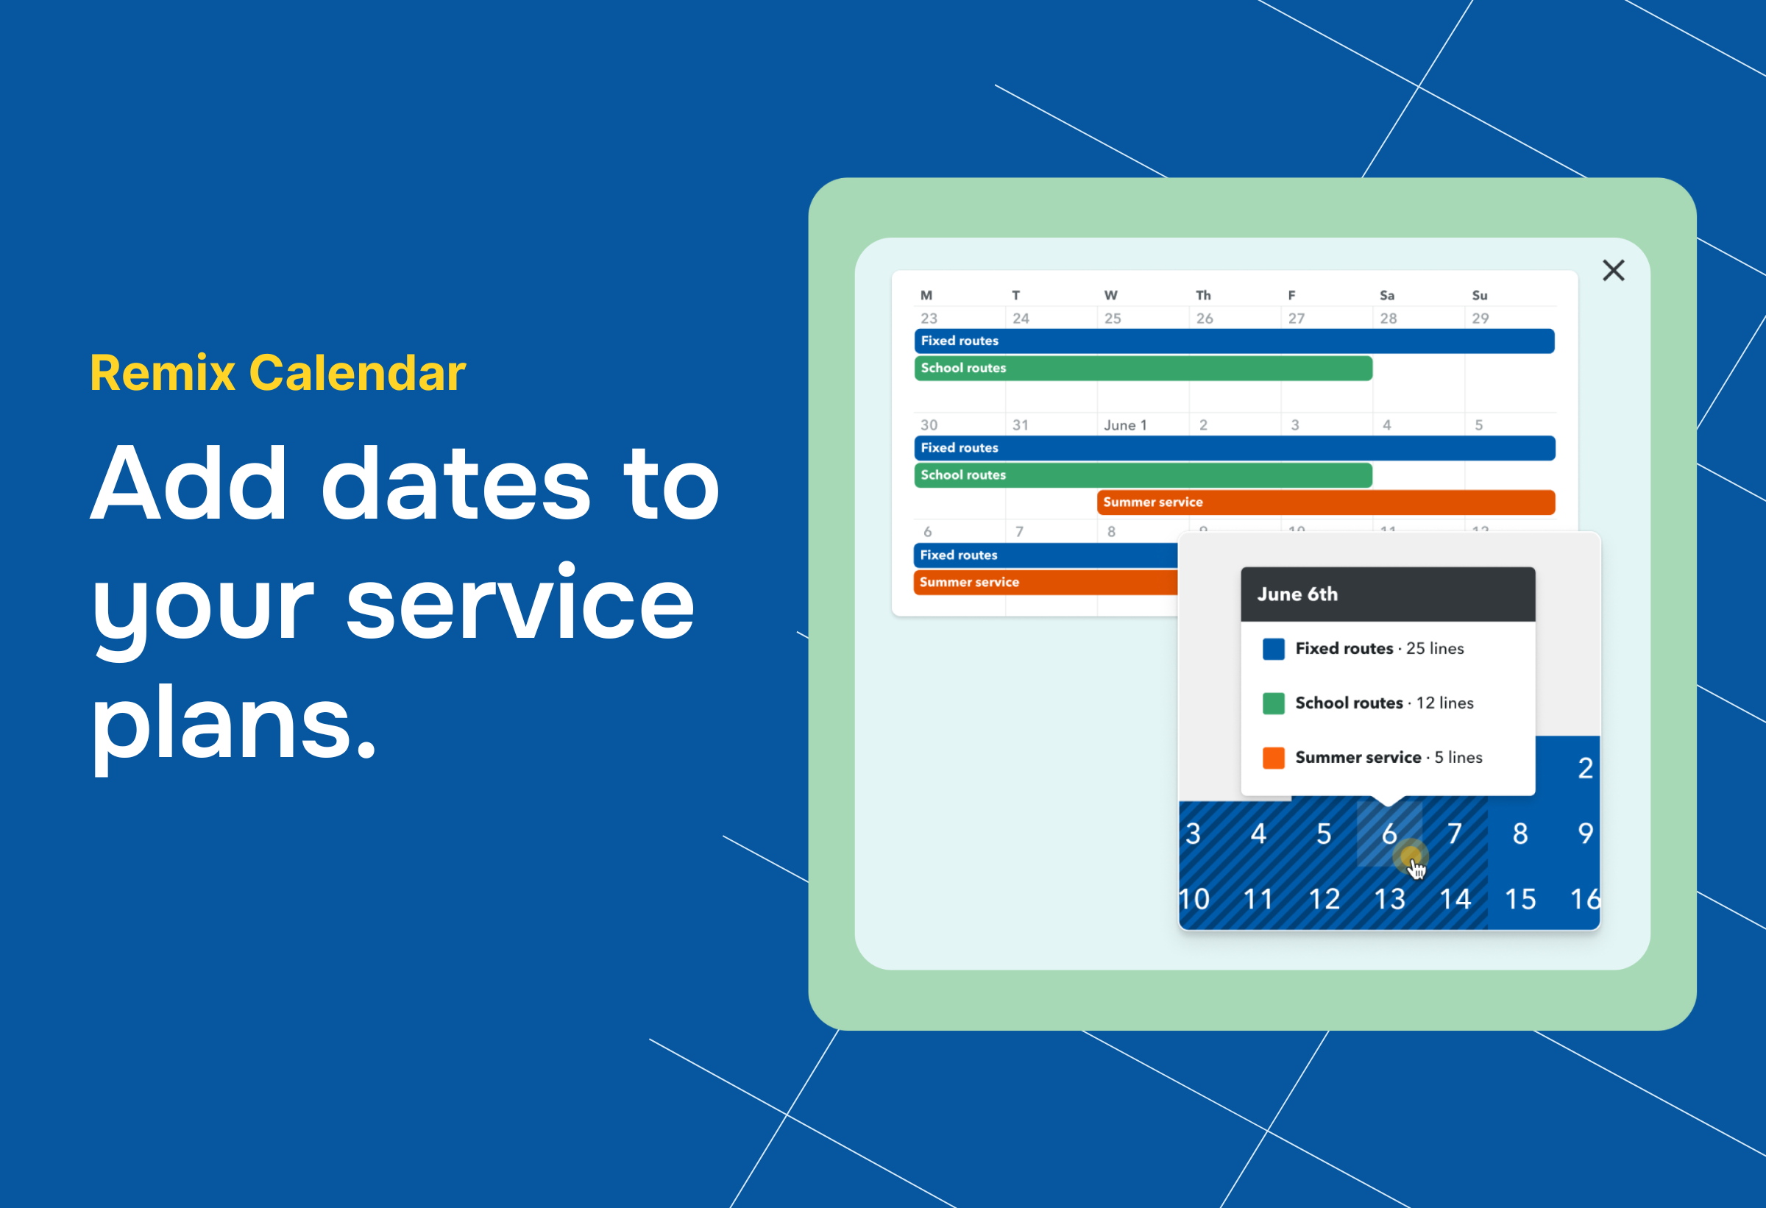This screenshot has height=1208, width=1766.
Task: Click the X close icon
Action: pyautogui.click(x=1612, y=271)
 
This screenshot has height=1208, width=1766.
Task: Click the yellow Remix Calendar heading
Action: pyautogui.click(x=277, y=373)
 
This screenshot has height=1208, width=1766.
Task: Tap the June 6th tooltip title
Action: pyautogui.click(x=1297, y=594)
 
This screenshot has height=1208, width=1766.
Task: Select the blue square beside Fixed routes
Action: pyautogui.click(x=1273, y=649)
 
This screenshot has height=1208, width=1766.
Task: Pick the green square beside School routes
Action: pyautogui.click(x=1273, y=703)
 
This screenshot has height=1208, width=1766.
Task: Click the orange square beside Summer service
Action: pyautogui.click(x=1273, y=758)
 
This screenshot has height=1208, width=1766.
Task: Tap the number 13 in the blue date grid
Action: pyautogui.click(x=1389, y=900)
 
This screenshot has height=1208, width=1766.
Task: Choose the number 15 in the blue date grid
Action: pyautogui.click(x=1519, y=900)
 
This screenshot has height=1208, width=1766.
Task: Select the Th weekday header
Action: pyautogui.click(x=1203, y=296)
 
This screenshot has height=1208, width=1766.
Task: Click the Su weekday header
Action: pyautogui.click(x=1479, y=296)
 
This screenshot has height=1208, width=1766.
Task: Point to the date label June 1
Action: pyautogui.click(x=1124, y=425)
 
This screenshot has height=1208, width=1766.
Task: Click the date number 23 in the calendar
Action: pyautogui.click(x=929, y=319)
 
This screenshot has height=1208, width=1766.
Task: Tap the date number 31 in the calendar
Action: pyautogui.click(x=1020, y=425)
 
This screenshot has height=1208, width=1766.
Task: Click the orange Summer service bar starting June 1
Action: pyautogui.click(x=1325, y=502)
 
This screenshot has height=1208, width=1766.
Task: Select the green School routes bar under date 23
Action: pyautogui.click(x=1143, y=369)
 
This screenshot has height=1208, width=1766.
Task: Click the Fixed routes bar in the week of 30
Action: pyautogui.click(x=1234, y=448)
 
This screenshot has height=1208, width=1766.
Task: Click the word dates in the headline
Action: pyautogui.click(x=456, y=485)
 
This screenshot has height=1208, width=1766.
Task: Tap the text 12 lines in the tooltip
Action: pyautogui.click(x=1444, y=703)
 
